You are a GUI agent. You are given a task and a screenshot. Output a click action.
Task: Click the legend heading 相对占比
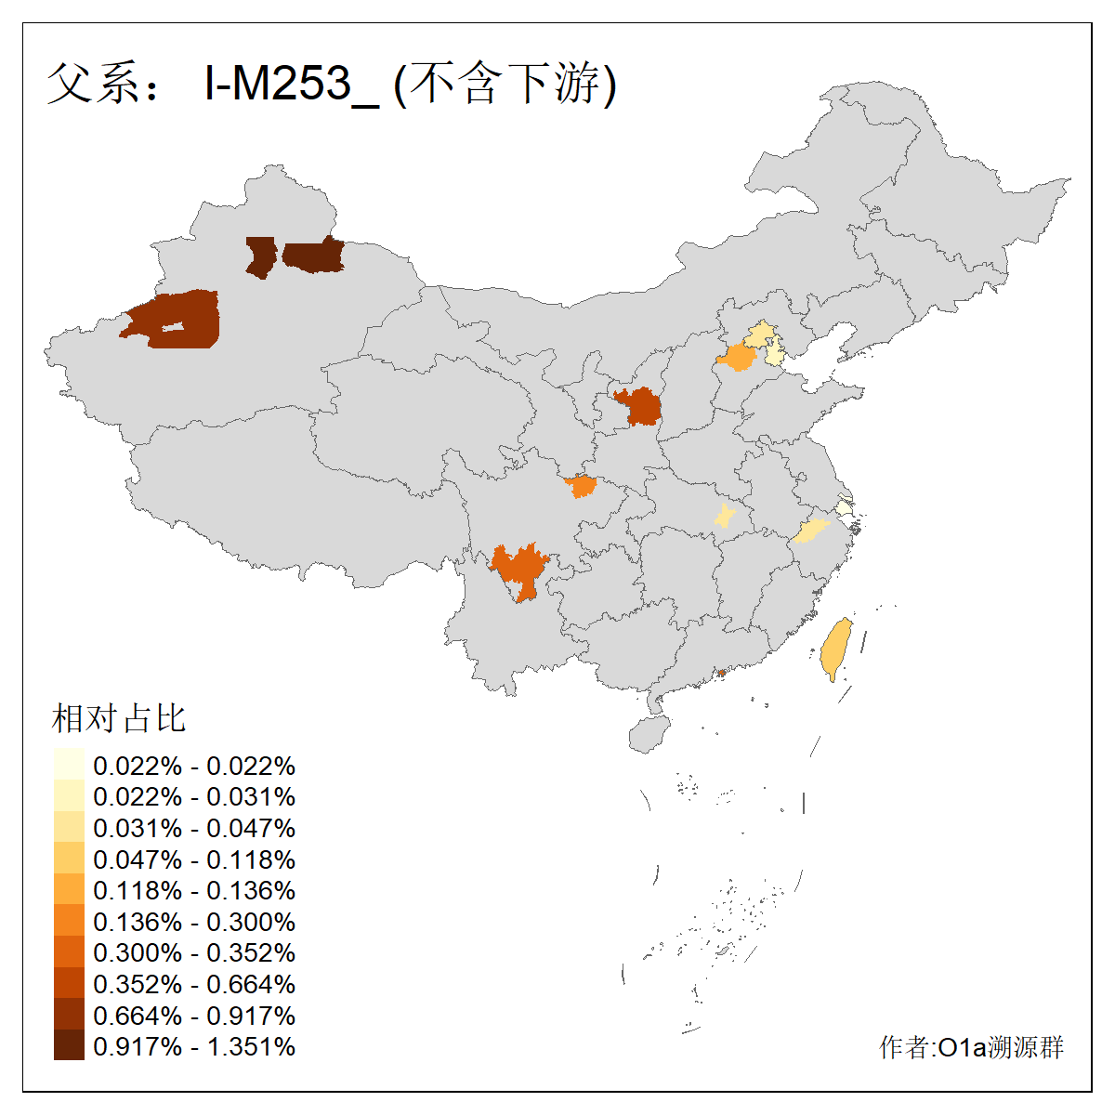[119, 718]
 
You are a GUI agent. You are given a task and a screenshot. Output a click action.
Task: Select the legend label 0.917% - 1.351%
[194, 1046]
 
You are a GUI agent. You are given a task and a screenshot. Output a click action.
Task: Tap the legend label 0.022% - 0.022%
[194, 766]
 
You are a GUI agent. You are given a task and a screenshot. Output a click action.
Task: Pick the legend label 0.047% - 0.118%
[194, 859]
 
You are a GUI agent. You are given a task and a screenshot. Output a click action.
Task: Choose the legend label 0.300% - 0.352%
[194, 952]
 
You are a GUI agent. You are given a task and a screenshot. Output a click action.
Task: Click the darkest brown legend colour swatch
[69, 1045]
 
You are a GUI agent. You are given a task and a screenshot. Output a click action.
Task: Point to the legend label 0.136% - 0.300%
[194, 922]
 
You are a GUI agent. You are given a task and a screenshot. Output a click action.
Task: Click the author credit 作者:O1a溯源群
[971, 1047]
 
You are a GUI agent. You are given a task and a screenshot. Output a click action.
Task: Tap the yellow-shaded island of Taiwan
[837, 649]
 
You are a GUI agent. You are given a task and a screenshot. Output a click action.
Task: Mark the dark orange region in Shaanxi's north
[640, 407]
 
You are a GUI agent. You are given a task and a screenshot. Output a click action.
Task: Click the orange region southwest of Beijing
[738, 358]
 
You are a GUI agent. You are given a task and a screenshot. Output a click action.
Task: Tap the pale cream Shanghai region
[843, 508]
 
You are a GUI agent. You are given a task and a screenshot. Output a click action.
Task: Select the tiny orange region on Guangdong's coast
[720, 673]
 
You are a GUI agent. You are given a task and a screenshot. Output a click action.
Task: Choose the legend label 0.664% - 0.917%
[194, 1016]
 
